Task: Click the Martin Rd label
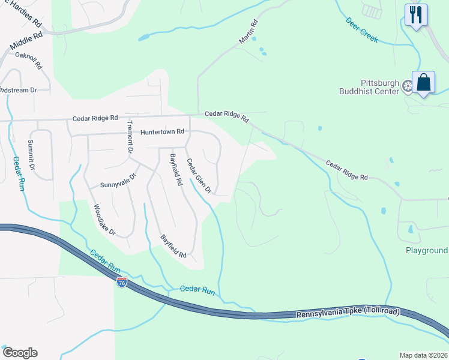249,32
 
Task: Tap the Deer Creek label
362,29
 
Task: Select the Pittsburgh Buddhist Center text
379,87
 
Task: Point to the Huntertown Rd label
162,131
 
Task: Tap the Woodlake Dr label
104,220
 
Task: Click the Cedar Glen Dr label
199,176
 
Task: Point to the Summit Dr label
31,154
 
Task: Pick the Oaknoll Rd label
28,61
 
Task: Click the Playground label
426,250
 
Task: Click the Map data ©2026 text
424,355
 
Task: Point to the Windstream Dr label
18,90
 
